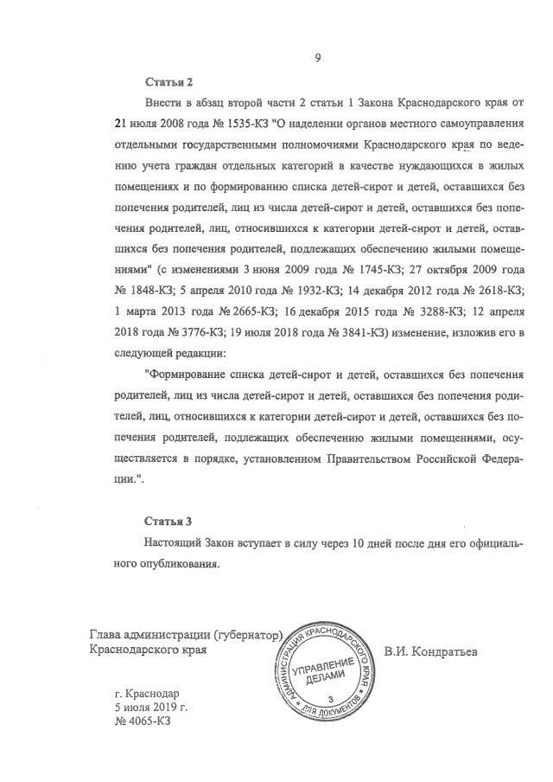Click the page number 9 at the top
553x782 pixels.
click(318, 58)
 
